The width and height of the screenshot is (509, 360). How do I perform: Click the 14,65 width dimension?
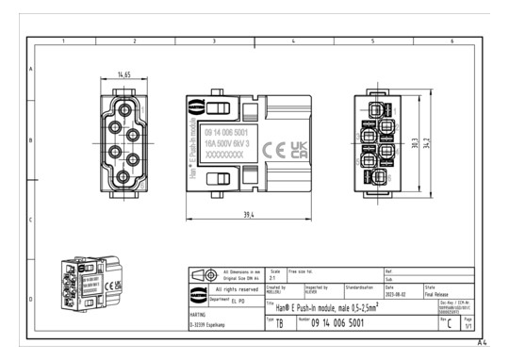tap(124, 74)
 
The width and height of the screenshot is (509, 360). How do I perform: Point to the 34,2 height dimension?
tap(428, 143)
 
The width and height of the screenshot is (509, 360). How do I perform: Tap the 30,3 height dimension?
tap(416, 143)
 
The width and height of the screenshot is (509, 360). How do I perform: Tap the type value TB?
tap(279, 323)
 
